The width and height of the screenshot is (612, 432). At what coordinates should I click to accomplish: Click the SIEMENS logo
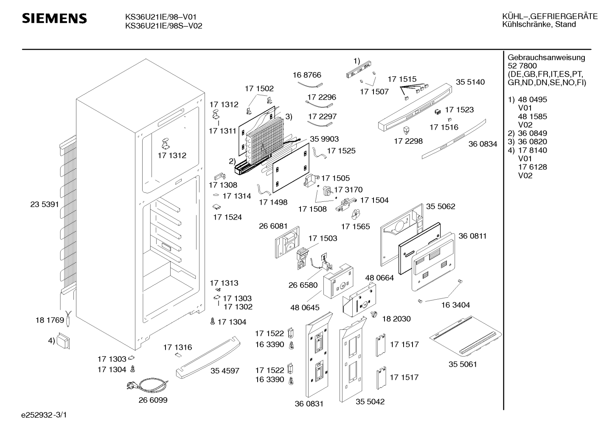[54, 19]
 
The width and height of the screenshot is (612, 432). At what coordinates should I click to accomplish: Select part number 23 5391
[45, 204]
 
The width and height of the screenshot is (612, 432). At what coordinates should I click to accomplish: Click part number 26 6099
[153, 400]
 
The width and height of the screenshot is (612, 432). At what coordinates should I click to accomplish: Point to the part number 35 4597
[225, 371]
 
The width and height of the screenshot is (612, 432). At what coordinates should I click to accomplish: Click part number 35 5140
[470, 82]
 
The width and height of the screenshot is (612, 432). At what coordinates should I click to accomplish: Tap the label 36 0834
[483, 144]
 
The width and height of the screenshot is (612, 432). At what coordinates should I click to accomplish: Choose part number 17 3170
[348, 190]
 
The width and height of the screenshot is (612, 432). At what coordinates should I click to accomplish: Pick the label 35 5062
[441, 206]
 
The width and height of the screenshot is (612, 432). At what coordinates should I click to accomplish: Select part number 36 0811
[472, 236]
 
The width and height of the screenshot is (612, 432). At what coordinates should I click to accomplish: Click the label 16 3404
[455, 305]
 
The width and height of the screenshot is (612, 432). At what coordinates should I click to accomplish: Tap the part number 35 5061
[463, 364]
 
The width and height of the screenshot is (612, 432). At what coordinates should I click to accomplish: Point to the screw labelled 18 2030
[374, 314]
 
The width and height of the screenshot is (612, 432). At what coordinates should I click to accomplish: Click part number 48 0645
[305, 307]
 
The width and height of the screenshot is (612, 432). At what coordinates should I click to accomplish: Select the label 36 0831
[309, 404]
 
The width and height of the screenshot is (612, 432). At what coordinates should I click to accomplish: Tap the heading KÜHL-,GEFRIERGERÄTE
[550, 17]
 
